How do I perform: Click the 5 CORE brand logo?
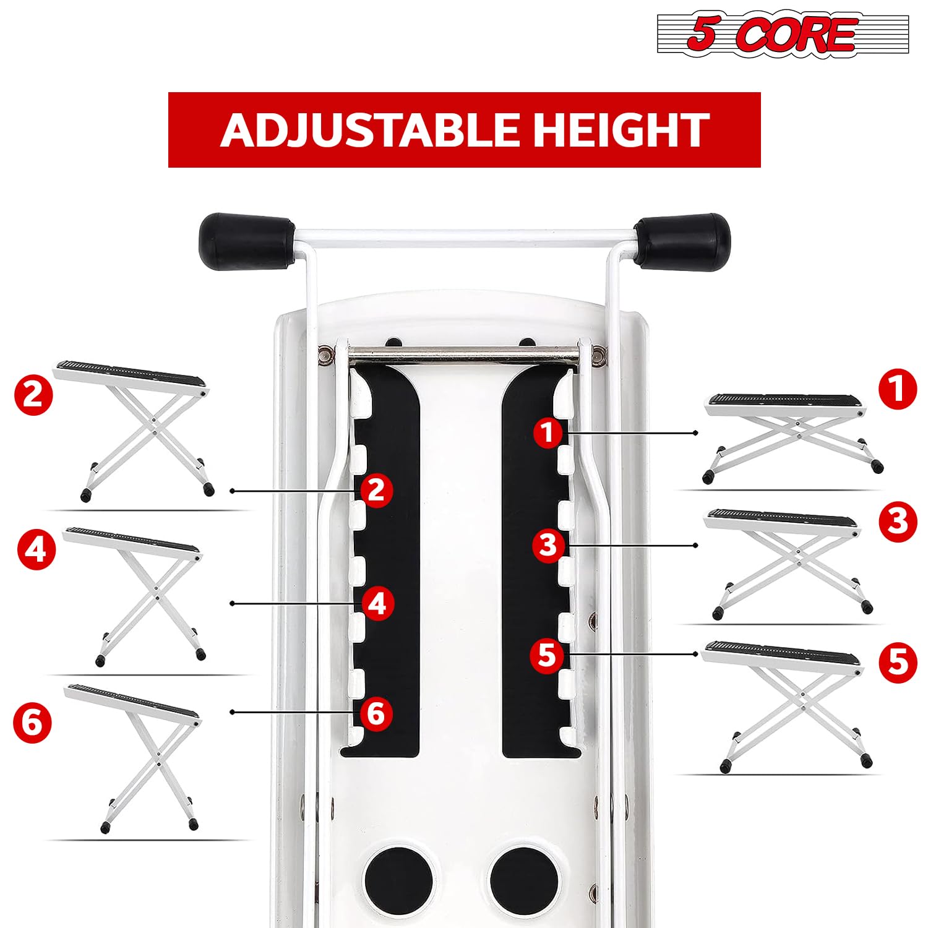[782, 35]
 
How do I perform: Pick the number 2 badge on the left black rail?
[376, 490]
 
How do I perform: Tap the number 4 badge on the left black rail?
[377, 603]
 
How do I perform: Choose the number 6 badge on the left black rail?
[376, 713]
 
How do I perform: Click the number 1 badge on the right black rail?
[548, 432]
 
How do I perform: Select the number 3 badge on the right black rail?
[548, 545]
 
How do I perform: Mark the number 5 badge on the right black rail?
[548, 655]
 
